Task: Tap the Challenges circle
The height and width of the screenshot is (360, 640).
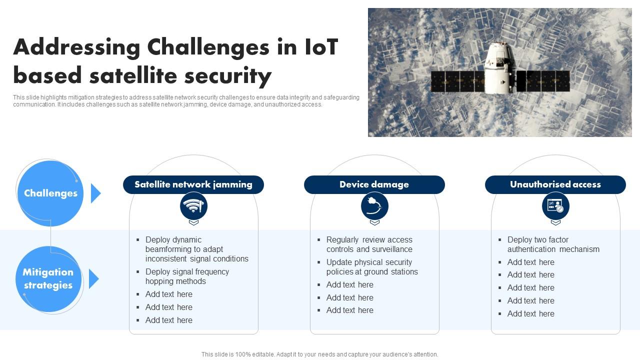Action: [x=50, y=193]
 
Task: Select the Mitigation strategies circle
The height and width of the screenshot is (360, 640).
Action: [x=48, y=279]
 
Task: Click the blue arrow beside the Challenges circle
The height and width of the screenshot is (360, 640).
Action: [x=95, y=193]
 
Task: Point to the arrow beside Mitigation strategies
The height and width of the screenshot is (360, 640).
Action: [x=94, y=278]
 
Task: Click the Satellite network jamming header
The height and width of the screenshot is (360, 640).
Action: [x=193, y=184]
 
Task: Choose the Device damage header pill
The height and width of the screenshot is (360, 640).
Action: [x=374, y=184]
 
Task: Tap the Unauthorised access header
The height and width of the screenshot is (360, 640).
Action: [x=555, y=184]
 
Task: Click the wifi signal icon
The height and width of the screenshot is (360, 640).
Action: [x=193, y=205]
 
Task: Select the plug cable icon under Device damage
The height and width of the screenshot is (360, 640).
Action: [x=374, y=205]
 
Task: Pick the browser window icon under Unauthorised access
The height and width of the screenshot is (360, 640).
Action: [x=555, y=205]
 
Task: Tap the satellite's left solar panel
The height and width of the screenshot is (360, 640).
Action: [x=457, y=81]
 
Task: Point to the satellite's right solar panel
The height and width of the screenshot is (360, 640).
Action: [x=543, y=81]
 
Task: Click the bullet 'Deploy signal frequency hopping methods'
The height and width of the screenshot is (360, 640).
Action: [x=187, y=276]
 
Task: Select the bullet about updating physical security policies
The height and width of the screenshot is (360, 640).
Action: [x=372, y=267]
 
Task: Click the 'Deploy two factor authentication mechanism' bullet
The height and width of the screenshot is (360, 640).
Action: [x=553, y=244]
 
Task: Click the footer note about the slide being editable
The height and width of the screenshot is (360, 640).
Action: [x=319, y=354]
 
